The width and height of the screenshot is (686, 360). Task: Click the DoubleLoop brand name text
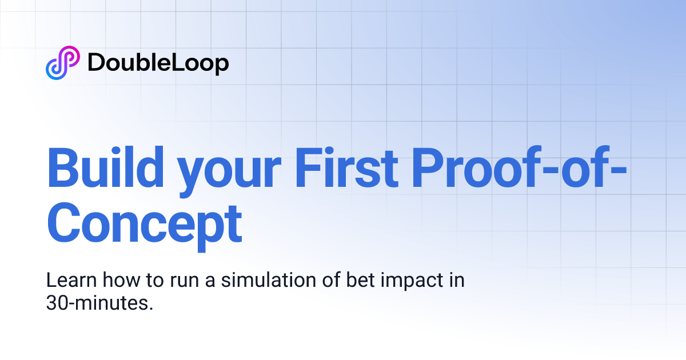pos(158,63)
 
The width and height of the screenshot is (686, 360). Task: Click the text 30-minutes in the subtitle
pos(99,303)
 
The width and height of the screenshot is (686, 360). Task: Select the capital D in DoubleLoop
pos(95,63)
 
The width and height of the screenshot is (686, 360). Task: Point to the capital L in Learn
pos(51,281)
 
